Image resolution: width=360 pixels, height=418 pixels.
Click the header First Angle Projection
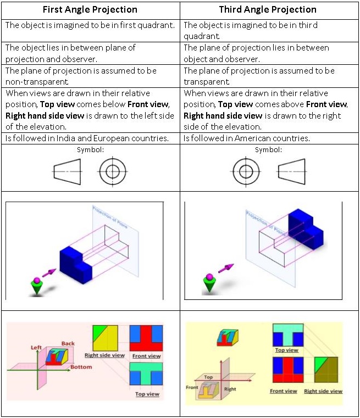[90, 10]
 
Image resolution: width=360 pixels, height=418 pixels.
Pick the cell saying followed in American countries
[247, 138]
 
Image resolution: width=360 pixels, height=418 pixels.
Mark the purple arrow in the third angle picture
[226, 268]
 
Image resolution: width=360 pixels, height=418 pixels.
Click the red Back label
[68, 344]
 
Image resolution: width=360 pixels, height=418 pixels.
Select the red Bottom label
[81, 366]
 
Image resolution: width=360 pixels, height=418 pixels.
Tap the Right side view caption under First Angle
[104, 355]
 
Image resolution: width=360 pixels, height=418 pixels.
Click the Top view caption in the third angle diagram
[286, 350]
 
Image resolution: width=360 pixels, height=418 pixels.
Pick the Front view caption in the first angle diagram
[147, 356]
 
